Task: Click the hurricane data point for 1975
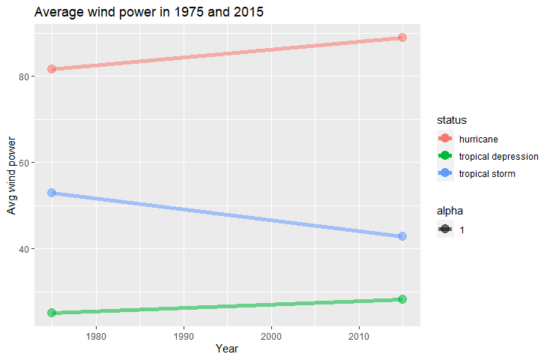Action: click(x=52, y=69)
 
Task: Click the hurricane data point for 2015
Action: click(x=402, y=37)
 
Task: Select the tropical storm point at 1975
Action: click(x=52, y=193)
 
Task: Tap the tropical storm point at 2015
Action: click(x=402, y=236)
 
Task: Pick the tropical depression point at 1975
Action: click(x=52, y=313)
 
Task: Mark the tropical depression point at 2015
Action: click(x=402, y=299)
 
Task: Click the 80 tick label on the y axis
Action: click(x=24, y=77)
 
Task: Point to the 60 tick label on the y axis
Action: click(x=24, y=163)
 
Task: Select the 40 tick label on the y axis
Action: click(x=24, y=249)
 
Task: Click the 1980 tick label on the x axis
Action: click(x=96, y=337)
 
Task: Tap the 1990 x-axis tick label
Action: click(x=184, y=337)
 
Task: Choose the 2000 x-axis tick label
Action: click(x=271, y=337)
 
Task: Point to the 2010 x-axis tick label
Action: click(x=359, y=337)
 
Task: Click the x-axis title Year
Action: click(x=227, y=349)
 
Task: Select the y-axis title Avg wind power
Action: click(x=11, y=175)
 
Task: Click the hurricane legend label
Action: click(x=479, y=139)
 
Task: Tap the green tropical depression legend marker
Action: click(x=445, y=155)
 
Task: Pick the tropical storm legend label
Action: click(x=487, y=174)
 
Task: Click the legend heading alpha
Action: click(x=450, y=211)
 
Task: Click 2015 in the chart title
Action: click(x=249, y=12)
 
